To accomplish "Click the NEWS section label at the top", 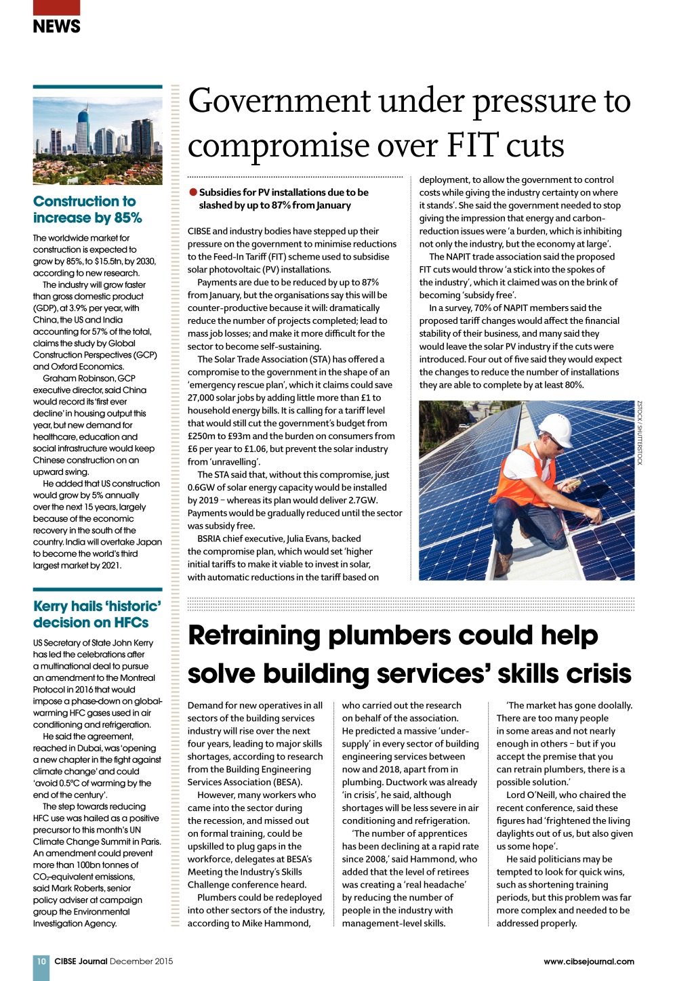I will coord(56,26).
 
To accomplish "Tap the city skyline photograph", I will coord(98,141).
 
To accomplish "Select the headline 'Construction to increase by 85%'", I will coord(87,209).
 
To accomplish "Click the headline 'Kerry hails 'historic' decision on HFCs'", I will coord(97,614).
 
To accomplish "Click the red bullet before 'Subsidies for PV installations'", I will coord(193,192).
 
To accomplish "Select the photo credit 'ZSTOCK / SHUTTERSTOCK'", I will coord(639,433).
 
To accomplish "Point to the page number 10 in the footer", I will coord(41,961).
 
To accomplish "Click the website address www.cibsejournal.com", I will coord(588,961).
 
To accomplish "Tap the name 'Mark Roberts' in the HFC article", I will coord(79,888).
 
